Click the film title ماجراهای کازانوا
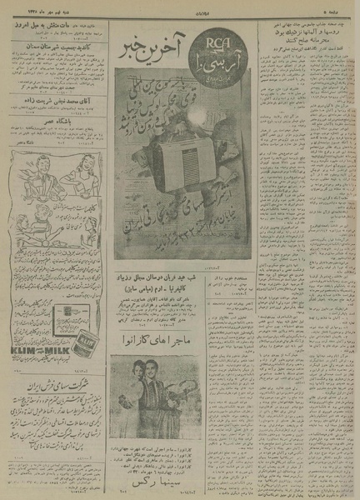184,343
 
